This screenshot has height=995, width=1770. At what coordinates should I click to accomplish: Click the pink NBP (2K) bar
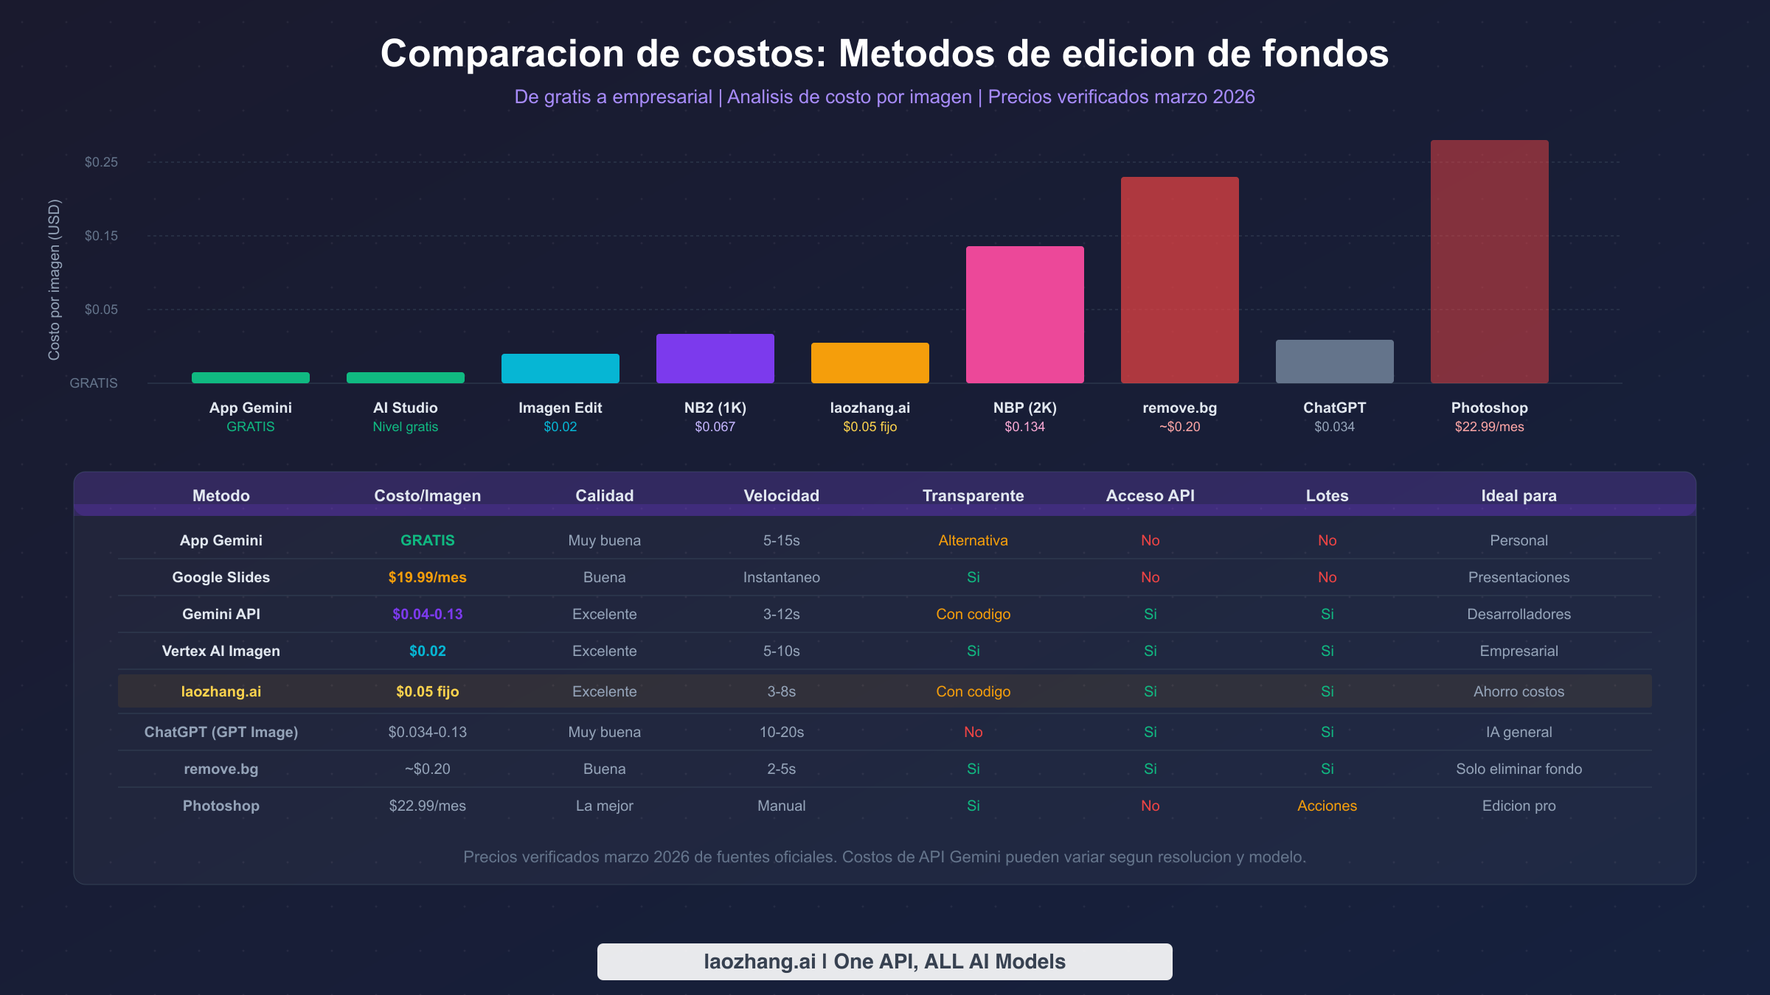[1024, 315]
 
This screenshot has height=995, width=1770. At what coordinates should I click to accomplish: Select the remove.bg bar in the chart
[1179, 280]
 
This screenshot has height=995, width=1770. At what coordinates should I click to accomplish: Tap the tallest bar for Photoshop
[1489, 262]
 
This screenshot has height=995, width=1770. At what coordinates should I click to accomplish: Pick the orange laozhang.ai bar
[870, 363]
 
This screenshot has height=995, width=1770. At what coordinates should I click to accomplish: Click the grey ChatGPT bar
[1334, 361]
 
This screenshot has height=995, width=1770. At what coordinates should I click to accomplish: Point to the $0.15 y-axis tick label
[101, 236]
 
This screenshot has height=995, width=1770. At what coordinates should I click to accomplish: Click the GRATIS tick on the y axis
[94, 383]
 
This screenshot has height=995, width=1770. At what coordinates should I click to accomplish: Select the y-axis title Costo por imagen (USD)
[54, 280]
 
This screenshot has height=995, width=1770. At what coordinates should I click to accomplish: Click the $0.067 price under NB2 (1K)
[715, 427]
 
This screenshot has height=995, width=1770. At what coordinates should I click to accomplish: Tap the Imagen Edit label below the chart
[560, 408]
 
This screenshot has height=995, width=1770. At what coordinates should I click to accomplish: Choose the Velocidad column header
[781, 495]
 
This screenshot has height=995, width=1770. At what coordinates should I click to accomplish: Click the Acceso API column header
[1150, 495]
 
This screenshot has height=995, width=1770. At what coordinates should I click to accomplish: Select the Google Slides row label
[221, 577]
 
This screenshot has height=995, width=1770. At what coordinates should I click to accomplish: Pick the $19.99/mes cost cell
[427, 577]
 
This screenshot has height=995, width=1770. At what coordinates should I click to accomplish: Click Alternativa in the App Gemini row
[973, 540]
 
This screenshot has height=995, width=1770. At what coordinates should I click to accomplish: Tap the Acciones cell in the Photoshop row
[1327, 806]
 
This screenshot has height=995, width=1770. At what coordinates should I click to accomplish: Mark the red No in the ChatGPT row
[973, 732]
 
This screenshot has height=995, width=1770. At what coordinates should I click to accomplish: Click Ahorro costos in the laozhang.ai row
[1519, 691]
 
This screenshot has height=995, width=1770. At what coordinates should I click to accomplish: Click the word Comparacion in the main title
[502, 54]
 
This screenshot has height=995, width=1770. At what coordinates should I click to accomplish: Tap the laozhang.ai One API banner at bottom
[884, 961]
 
